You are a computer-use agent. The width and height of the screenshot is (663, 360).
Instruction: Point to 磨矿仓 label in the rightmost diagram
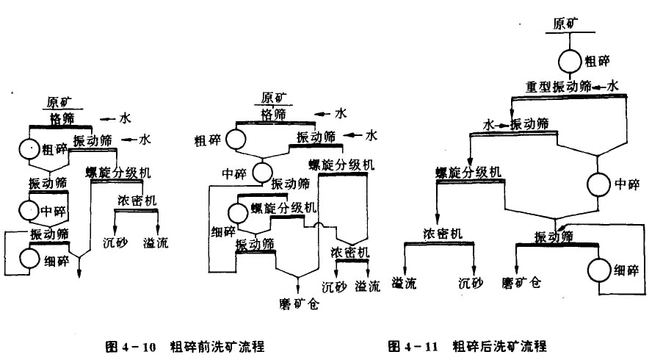[x=521, y=281]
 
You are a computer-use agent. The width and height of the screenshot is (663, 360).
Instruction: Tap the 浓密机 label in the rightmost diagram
[x=442, y=234]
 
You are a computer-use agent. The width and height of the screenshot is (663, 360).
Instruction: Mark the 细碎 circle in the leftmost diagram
[x=30, y=258]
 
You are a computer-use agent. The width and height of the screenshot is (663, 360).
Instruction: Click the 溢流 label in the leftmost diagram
[x=156, y=242]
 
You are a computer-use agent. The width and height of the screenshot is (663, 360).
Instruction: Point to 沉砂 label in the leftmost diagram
[x=115, y=242]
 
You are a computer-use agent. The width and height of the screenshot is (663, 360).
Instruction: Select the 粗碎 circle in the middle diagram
[x=236, y=139]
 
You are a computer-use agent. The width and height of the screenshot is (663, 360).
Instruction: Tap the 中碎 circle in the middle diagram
[x=261, y=173]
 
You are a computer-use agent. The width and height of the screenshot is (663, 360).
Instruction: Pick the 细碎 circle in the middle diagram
[x=238, y=213]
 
